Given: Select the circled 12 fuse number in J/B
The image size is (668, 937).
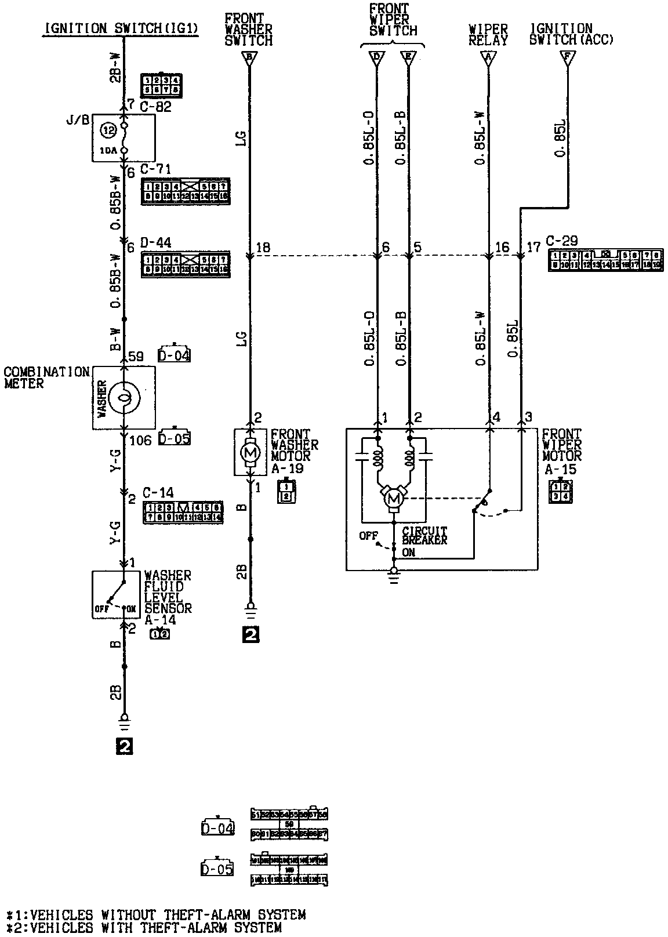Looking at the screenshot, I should pos(109,131).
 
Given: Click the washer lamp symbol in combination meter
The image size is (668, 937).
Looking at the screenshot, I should pos(124,397).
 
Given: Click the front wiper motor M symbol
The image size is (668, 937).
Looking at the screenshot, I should pos(394,497).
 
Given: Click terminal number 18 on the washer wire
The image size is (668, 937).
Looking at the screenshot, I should pos(263,248).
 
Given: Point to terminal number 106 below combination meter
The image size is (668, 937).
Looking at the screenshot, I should pos(140,441).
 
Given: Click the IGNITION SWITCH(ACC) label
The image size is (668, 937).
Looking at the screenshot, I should pos(571,34).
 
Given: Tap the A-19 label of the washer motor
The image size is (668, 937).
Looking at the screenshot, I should pos(287,468).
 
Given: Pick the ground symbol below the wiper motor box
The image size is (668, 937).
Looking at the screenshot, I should pos(394,576).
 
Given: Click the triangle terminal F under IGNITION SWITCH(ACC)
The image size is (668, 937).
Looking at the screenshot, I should pos(568,57).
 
